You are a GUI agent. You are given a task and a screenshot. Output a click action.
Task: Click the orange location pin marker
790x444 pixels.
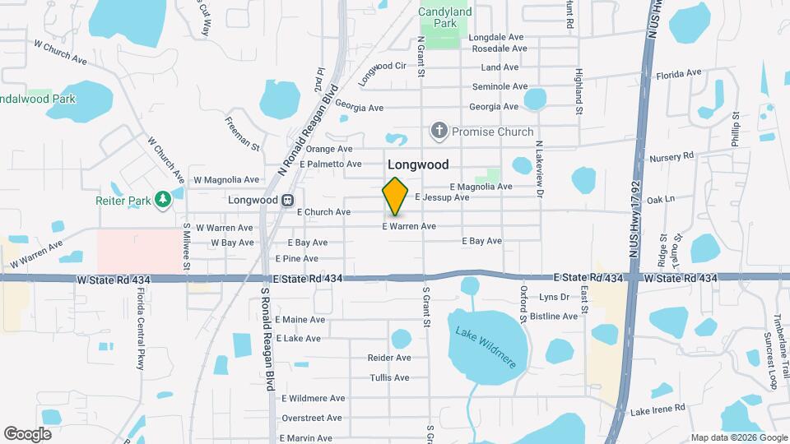pyautogui.click(x=396, y=196)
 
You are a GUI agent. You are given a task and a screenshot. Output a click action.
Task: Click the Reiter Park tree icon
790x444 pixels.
pyautogui.click(x=163, y=198)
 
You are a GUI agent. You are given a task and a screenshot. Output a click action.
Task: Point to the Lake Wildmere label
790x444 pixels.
pyautogui.click(x=486, y=347)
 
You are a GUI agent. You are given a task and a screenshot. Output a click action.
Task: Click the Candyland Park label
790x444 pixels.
pyautogui.click(x=445, y=17)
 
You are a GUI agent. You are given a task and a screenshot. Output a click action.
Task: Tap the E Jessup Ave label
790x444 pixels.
pyautogui.click(x=442, y=197)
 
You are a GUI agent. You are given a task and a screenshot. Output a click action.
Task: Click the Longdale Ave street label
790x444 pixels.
pyautogui.click(x=497, y=38)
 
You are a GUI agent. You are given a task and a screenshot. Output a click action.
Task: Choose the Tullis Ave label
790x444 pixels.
pyautogui.click(x=389, y=377)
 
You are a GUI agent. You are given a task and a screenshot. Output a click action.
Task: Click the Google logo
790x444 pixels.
pyautogui.click(x=27, y=433)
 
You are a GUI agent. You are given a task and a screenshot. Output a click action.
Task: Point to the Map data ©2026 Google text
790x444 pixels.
pyautogui.click(x=737, y=437)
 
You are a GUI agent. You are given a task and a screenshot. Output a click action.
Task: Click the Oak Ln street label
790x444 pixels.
pyautogui.click(x=661, y=199)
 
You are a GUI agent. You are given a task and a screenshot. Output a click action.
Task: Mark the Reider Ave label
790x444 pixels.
pyautogui.click(x=389, y=358)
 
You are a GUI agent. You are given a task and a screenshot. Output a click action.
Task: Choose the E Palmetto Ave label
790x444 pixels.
pyautogui.click(x=331, y=164)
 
